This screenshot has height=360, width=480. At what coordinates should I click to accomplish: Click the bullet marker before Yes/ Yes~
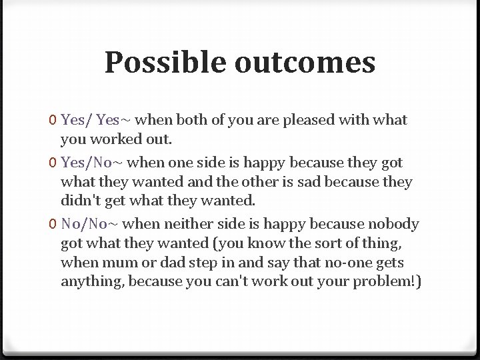(53, 121)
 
